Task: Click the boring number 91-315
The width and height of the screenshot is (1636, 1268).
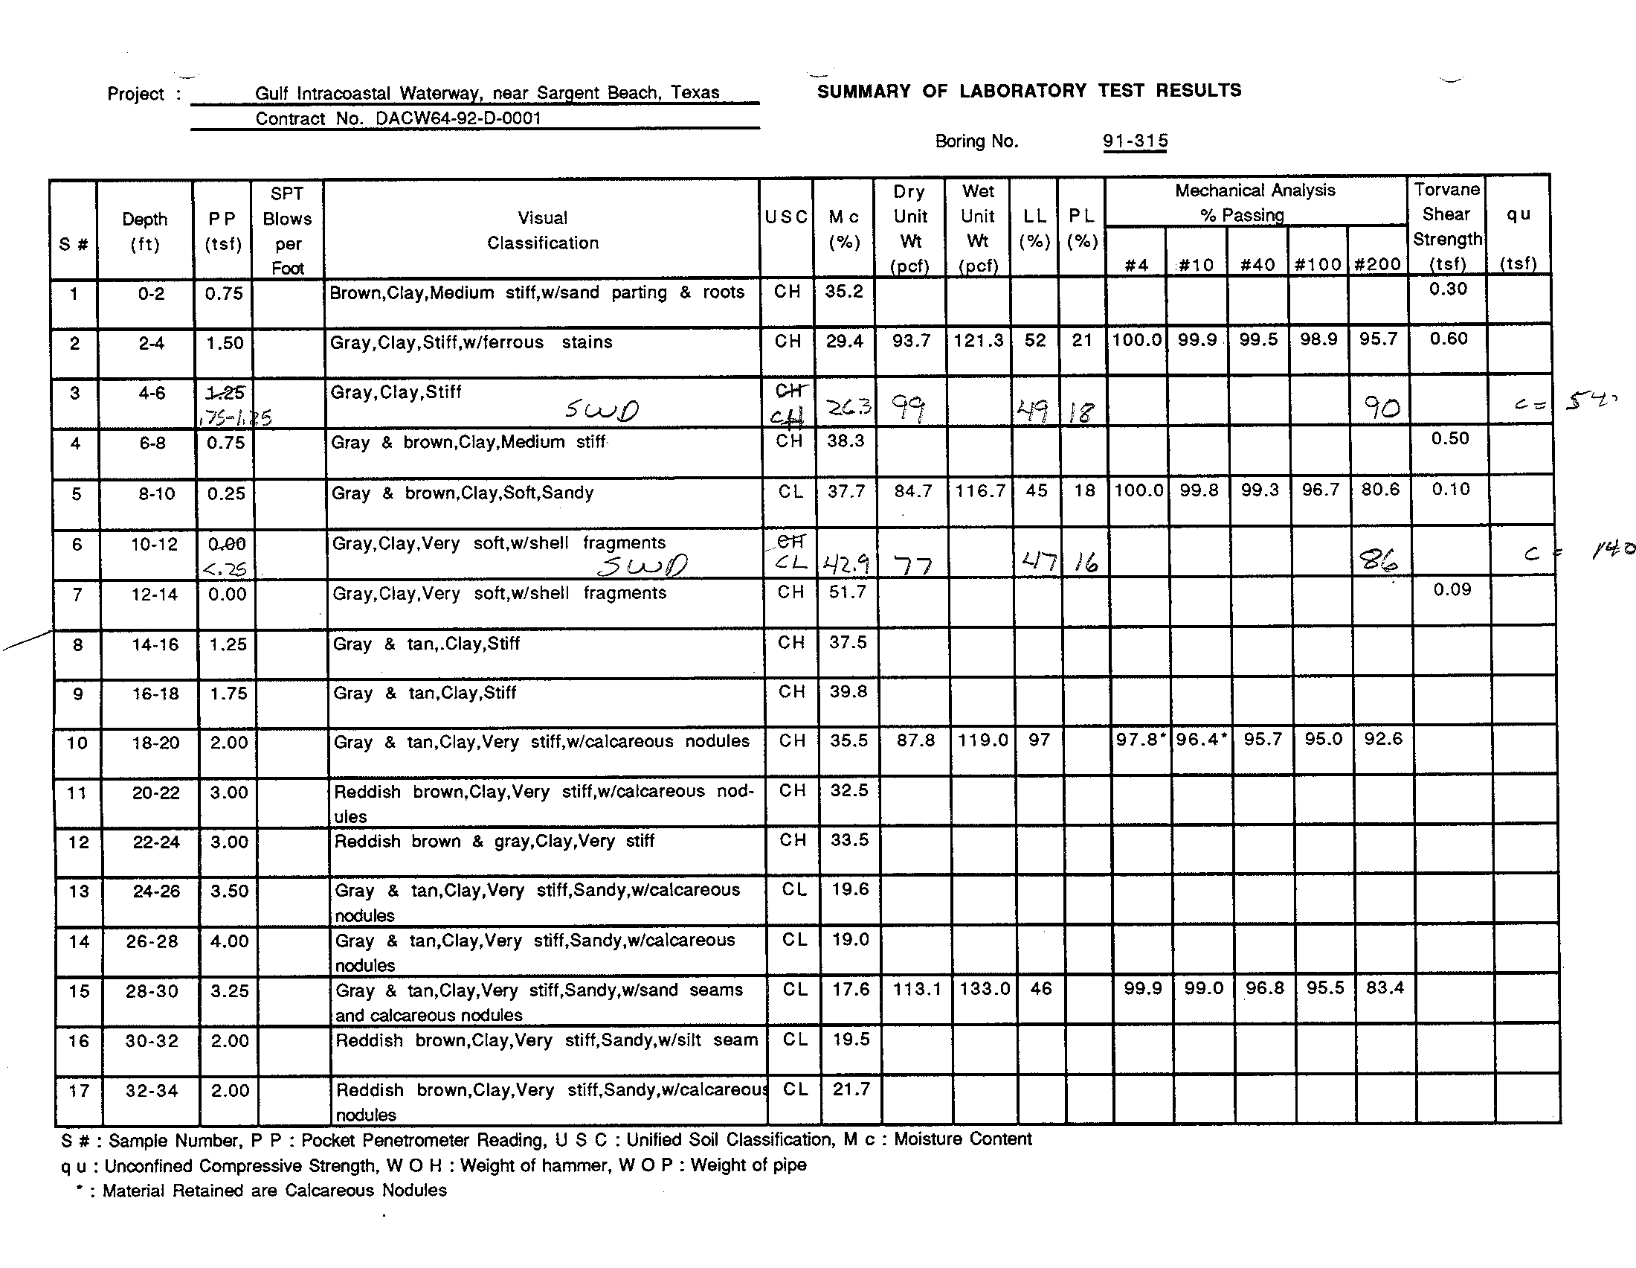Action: click(1135, 140)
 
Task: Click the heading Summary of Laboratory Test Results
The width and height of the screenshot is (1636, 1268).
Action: click(1028, 91)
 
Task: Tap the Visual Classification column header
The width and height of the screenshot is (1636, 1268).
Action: click(542, 230)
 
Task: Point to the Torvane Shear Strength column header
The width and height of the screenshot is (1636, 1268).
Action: click(1446, 226)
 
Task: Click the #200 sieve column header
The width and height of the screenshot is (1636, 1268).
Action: click(1377, 263)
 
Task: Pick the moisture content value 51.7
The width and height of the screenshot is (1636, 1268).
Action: click(847, 592)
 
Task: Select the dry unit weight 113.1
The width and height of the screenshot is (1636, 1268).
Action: click(916, 989)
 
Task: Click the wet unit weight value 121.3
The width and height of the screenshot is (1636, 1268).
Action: click(979, 341)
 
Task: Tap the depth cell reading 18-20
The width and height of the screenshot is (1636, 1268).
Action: click(155, 743)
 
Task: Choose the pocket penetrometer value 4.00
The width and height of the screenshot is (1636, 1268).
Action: click(228, 941)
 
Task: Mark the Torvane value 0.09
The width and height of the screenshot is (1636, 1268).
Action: click(1452, 590)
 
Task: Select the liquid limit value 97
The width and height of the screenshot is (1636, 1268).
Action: click(1039, 740)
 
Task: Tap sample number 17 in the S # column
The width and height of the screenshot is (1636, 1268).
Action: click(79, 1090)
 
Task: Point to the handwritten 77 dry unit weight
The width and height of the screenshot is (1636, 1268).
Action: click(913, 564)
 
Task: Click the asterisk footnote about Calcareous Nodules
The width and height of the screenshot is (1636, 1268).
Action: click(262, 1190)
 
